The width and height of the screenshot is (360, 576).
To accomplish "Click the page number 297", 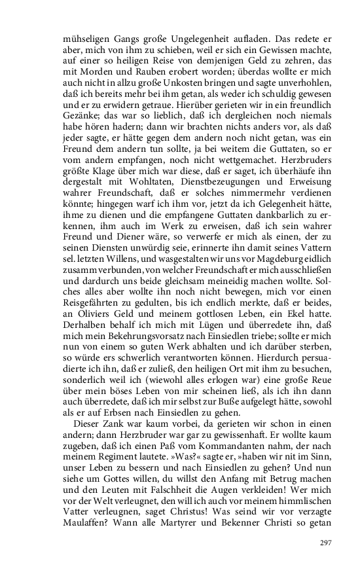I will click(325, 543).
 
